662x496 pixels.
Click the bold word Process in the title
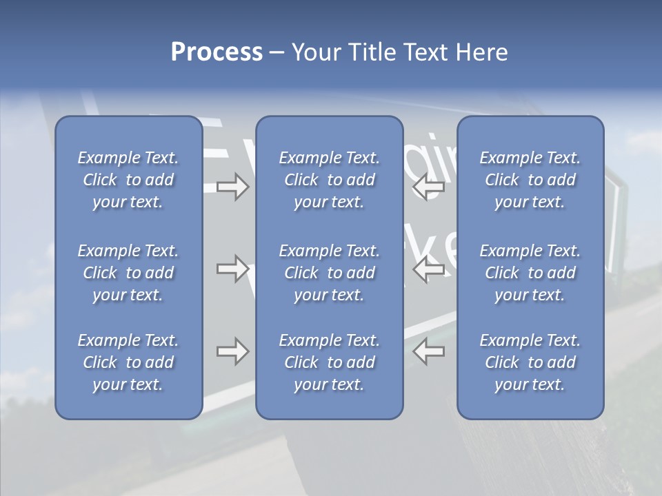pyautogui.click(x=217, y=52)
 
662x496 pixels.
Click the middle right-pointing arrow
pyautogui.click(x=232, y=269)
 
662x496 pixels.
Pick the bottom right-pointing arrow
pyautogui.click(x=232, y=351)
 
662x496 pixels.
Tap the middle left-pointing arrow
pyautogui.click(x=429, y=269)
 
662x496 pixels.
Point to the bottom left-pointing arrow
pyautogui.click(x=429, y=351)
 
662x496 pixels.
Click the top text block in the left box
pyautogui.click(x=128, y=180)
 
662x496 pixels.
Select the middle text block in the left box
pyautogui.click(x=128, y=273)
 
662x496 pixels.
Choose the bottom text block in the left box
pyautogui.click(x=128, y=362)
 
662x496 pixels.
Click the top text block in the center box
pyautogui.click(x=330, y=180)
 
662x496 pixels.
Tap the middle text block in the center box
pyautogui.click(x=330, y=273)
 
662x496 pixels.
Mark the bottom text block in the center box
pyautogui.click(x=330, y=362)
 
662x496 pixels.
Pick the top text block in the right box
pyautogui.click(x=530, y=180)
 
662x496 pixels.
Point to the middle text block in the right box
pyautogui.click(x=530, y=273)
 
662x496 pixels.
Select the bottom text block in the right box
pyautogui.click(x=530, y=362)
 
